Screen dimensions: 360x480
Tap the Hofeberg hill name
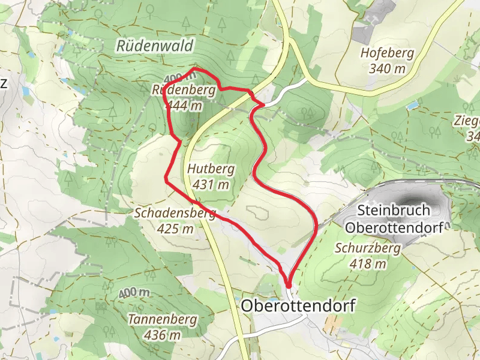point(387,53)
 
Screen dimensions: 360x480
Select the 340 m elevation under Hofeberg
point(387,68)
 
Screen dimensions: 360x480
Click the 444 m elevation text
point(185,106)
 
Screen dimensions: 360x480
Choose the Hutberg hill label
point(211,169)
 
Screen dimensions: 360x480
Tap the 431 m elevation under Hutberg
point(211,185)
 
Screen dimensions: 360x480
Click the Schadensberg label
point(175,213)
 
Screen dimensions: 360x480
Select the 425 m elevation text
point(175,229)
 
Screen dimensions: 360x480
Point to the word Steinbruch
point(393,211)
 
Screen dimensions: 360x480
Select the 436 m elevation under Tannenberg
point(162,335)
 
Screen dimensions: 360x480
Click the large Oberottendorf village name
point(298,306)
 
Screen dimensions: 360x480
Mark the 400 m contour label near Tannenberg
point(134,293)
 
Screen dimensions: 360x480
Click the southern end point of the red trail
point(289,285)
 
